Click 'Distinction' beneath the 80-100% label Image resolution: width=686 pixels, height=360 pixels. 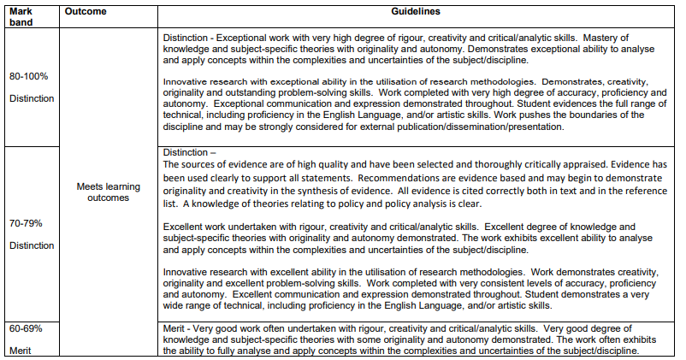coord(32,99)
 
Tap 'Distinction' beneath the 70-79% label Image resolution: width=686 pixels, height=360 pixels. coord(32,245)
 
